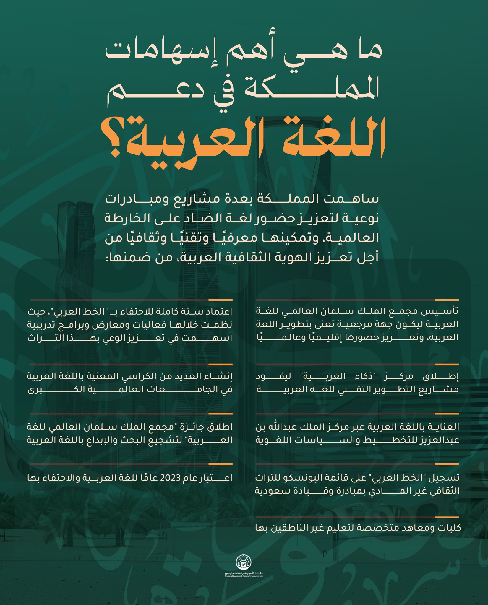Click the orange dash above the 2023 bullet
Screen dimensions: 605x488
pos(225,464)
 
